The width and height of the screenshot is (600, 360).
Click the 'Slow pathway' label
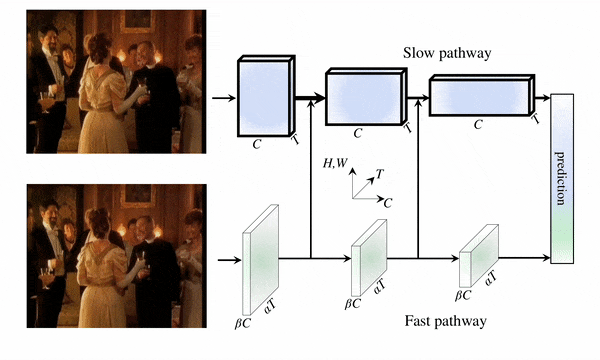[x=447, y=53]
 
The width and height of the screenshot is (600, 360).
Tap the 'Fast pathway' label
[x=446, y=321]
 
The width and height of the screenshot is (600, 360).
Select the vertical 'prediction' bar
[x=562, y=178]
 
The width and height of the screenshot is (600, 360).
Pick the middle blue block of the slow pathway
[x=365, y=97]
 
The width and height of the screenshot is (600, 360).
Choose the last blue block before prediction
[x=482, y=95]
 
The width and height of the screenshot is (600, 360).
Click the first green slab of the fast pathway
[x=261, y=260]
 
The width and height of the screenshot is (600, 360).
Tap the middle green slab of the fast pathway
[x=369, y=257]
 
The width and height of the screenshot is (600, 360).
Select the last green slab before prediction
[x=479, y=256]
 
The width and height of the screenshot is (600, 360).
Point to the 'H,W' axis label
[x=335, y=163]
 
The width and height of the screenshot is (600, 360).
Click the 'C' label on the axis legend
[x=388, y=203]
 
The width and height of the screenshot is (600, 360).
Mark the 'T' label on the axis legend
[x=379, y=174]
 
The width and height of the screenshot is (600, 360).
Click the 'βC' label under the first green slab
[x=243, y=323]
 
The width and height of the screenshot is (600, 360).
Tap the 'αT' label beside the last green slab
[x=490, y=278]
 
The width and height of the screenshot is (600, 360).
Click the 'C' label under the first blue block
[x=256, y=144]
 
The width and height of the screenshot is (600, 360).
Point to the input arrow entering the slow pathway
[x=224, y=98]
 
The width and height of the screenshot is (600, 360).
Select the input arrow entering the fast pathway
[x=230, y=260]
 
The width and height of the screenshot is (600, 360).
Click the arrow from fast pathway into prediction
[x=525, y=258]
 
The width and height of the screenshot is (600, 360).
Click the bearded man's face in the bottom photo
[x=50, y=212]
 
